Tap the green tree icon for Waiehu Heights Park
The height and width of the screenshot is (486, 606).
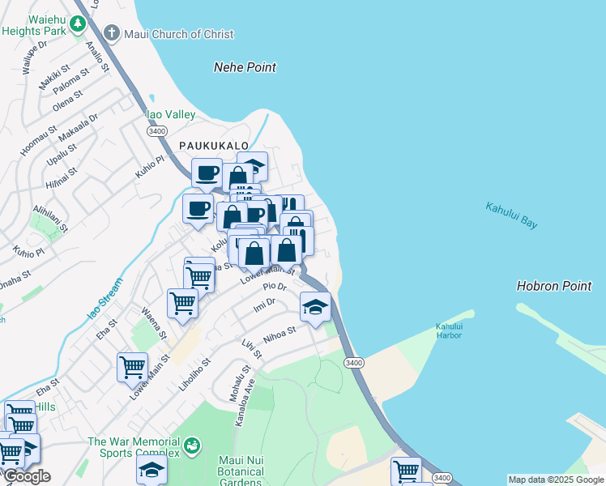[78, 24]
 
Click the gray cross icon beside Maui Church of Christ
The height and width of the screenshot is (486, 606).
[111, 34]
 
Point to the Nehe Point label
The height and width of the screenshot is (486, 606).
[245, 67]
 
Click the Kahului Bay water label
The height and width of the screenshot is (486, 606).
[511, 215]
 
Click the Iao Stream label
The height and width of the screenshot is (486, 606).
[101, 305]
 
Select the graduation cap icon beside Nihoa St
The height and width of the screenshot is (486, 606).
[315, 306]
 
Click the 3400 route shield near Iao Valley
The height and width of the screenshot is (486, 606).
[157, 130]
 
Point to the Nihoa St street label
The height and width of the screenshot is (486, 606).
[281, 334]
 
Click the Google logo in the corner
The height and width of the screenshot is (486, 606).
[27, 476]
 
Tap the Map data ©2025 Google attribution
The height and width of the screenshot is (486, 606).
[556, 480]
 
